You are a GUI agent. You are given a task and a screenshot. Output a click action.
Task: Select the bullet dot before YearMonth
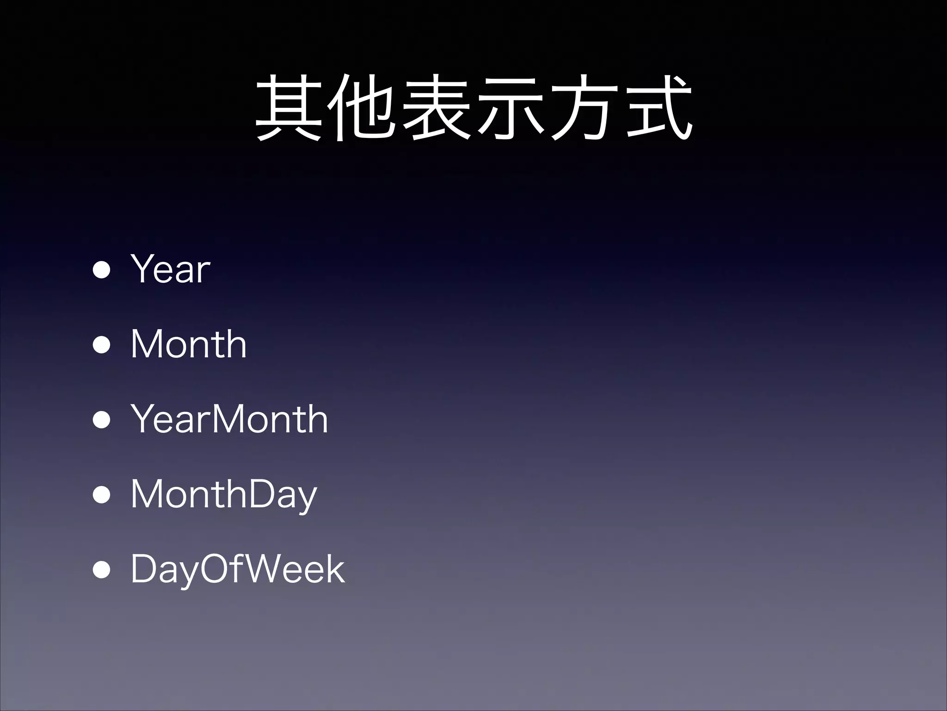[x=101, y=419]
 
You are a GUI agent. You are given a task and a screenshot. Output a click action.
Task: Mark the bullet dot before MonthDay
[x=101, y=494]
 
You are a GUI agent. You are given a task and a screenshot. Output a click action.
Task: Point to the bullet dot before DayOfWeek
[x=101, y=569]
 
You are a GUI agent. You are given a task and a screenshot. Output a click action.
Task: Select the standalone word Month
[x=189, y=344]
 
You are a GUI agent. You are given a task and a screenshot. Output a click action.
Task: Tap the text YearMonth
[x=229, y=419]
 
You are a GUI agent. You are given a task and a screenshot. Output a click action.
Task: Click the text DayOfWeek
[x=238, y=569]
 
